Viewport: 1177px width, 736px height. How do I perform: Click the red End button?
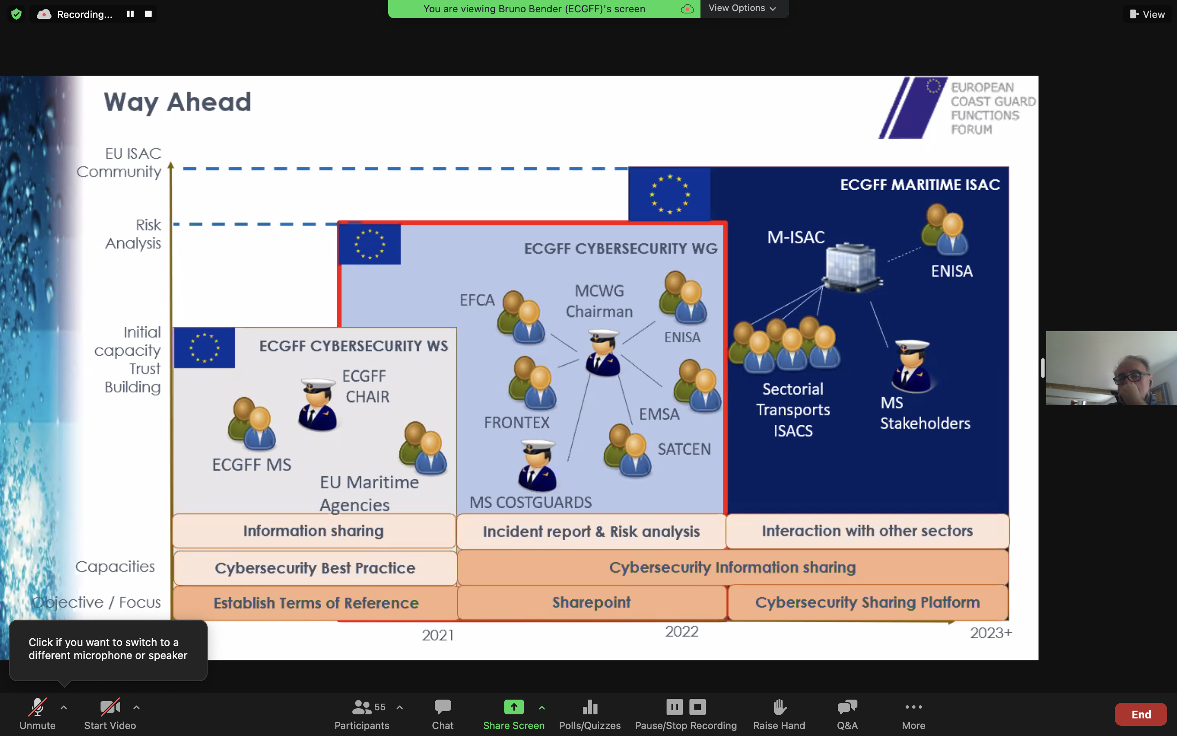(1140, 714)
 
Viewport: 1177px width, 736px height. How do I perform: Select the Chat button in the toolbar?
(443, 707)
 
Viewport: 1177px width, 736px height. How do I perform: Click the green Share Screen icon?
(514, 707)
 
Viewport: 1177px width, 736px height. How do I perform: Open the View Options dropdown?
(742, 8)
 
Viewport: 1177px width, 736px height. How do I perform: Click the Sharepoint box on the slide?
(591, 603)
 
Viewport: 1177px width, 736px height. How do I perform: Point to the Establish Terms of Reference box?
(316, 603)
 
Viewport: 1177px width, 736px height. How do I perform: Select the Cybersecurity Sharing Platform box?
(867, 603)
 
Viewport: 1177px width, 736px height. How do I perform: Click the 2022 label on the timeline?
(681, 632)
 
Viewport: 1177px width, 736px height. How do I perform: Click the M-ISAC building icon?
(852, 266)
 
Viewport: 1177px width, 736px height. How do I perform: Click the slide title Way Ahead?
(177, 102)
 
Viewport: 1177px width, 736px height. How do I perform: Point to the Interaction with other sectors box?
(867, 531)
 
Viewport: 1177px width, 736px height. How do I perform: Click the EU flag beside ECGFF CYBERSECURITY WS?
(204, 348)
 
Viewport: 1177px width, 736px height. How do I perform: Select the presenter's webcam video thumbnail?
(1111, 368)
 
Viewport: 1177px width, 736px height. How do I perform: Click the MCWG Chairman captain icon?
(603, 352)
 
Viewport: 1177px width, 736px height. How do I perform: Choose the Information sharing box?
(314, 531)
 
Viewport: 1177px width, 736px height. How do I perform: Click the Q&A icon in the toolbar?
(847, 707)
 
